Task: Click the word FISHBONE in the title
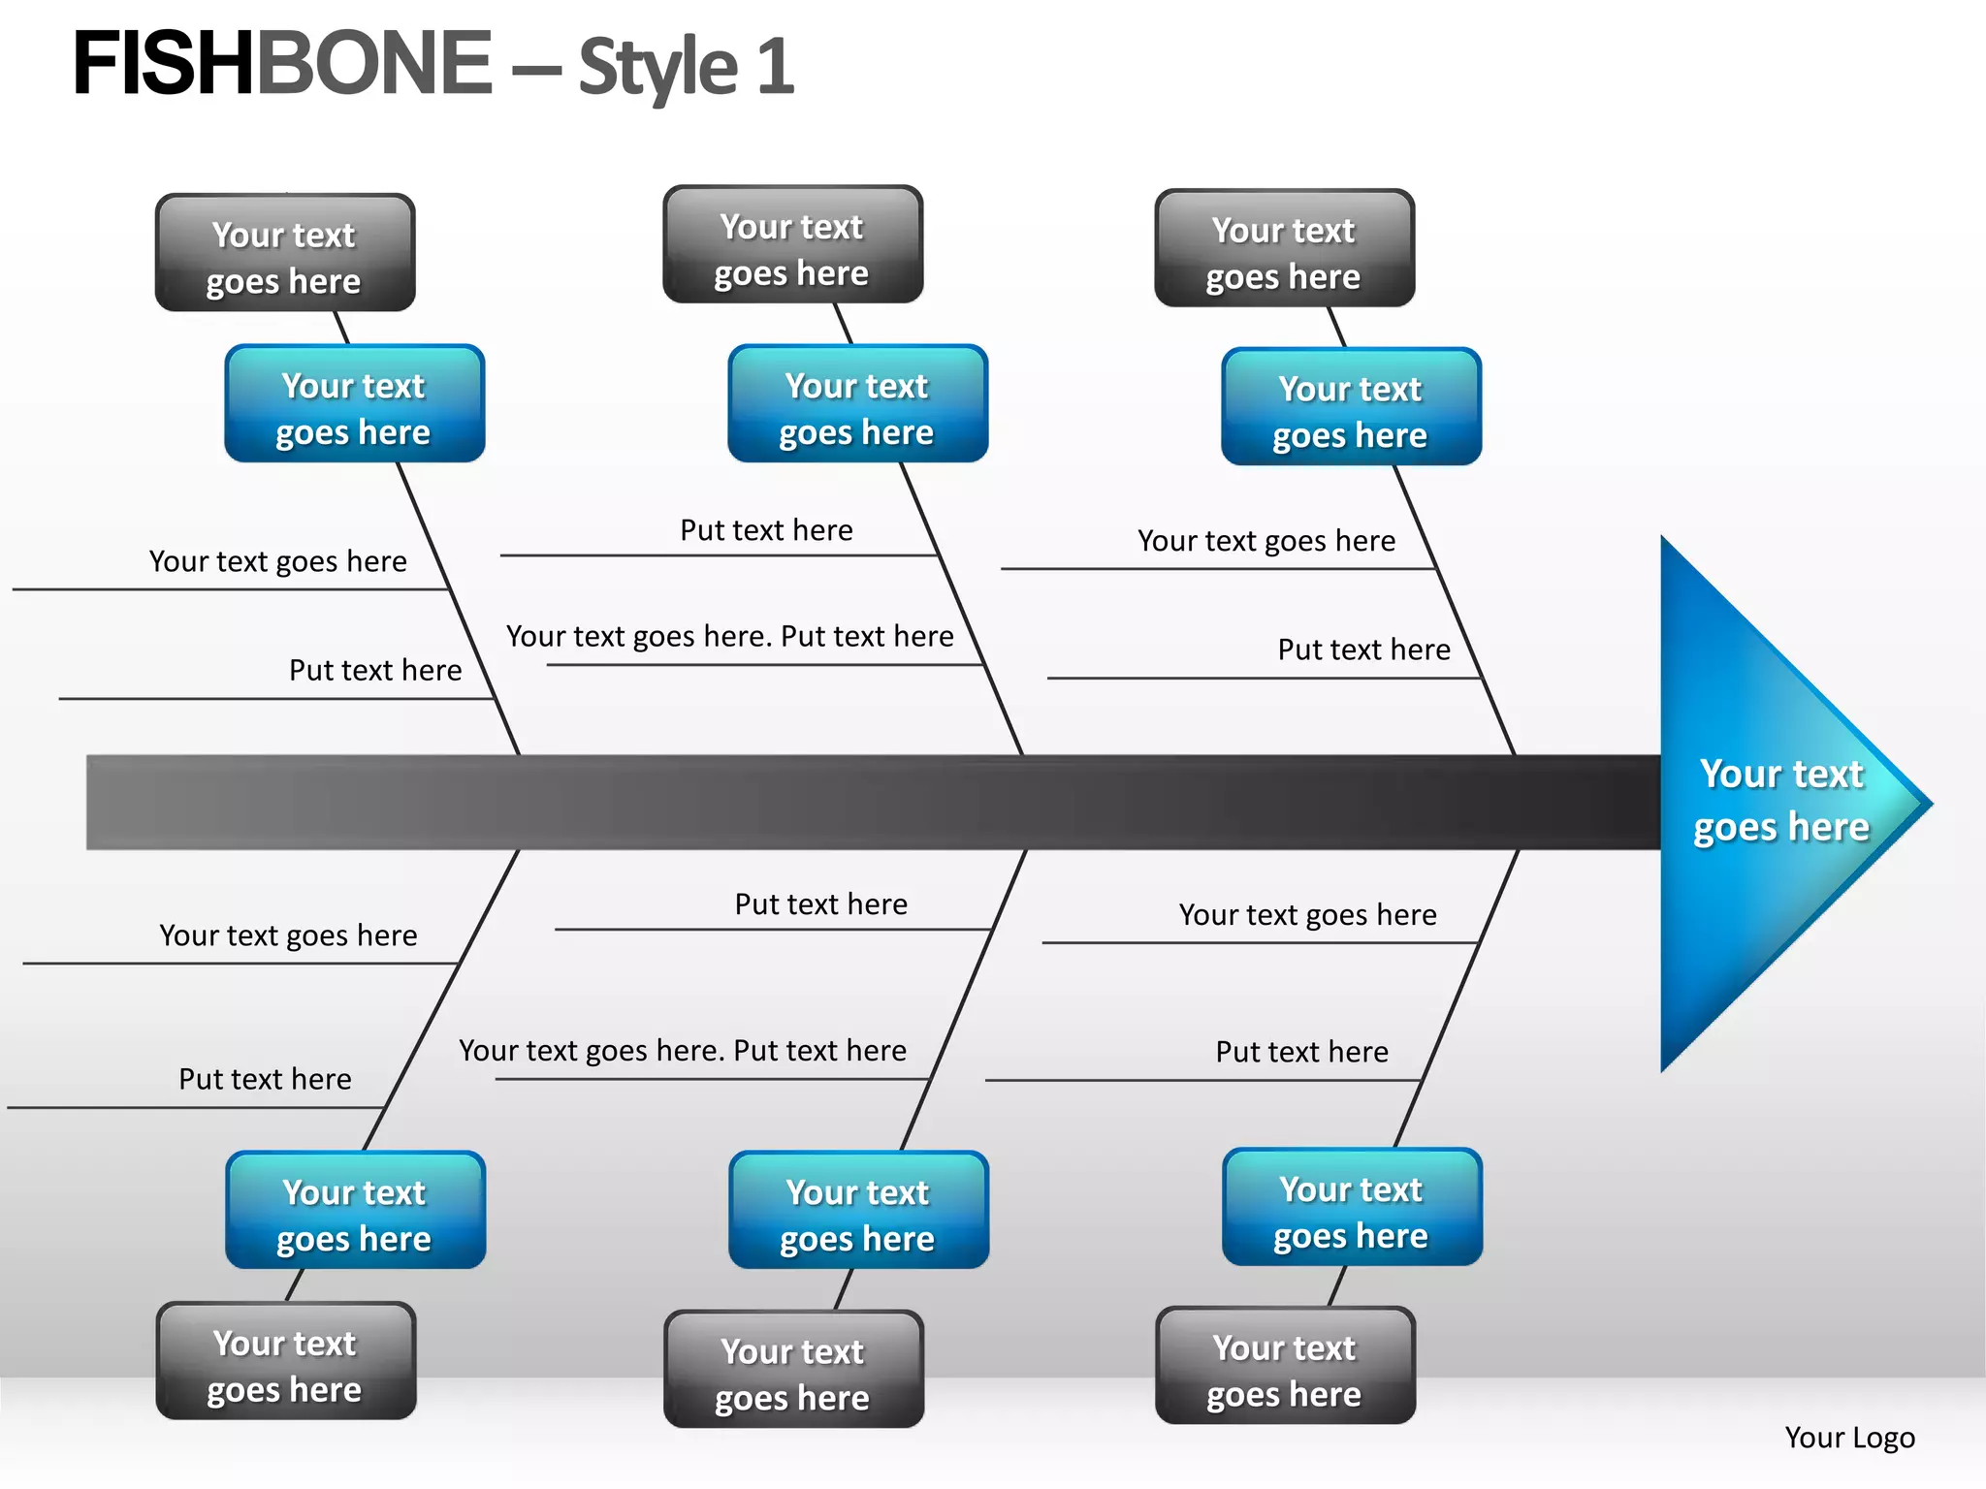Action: coord(282,64)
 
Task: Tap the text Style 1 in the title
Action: coord(687,67)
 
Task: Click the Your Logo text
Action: coord(1849,1437)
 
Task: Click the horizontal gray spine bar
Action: coord(873,803)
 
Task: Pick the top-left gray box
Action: coord(285,253)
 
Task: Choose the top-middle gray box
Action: coord(792,245)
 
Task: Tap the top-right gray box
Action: coord(1284,249)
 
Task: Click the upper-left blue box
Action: coord(354,404)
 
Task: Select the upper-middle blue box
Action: coord(857,404)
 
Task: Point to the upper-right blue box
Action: coord(1351,407)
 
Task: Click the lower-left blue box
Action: coord(355,1211)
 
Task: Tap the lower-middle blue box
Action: coord(858,1211)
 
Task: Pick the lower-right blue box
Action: coord(1352,1208)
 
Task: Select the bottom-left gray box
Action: coord(285,1362)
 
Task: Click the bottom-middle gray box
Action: coord(793,1370)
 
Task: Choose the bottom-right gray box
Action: coord(1285,1366)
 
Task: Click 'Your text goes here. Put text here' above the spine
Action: coord(729,636)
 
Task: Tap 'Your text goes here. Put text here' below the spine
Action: coord(682,1050)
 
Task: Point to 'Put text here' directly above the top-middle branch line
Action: coord(766,530)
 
